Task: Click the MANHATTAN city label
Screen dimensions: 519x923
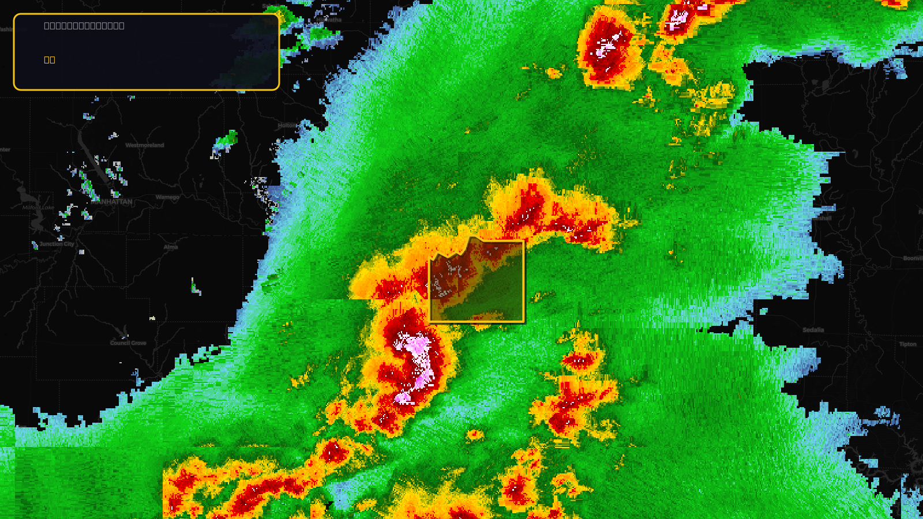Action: (x=112, y=202)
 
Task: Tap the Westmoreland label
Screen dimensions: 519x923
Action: (x=145, y=145)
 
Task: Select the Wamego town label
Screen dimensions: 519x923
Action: (x=167, y=197)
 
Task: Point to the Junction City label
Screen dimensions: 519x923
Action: (x=57, y=244)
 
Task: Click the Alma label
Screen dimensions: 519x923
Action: (x=171, y=247)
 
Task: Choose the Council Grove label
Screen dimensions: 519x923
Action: (x=128, y=343)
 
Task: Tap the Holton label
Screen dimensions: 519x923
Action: (x=287, y=126)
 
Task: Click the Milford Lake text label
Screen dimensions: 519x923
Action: (x=38, y=208)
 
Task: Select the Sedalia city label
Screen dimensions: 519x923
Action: (x=813, y=330)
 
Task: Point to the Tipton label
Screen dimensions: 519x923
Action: (x=907, y=344)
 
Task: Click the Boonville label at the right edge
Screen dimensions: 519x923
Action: (x=913, y=258)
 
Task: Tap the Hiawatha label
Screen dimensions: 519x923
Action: (x=329, y=20)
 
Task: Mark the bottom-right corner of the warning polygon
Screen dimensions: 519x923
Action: (x=524, y=321)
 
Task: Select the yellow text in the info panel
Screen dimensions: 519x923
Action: (x=50, y=59)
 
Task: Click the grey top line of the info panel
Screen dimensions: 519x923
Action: (x=84, y=25)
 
